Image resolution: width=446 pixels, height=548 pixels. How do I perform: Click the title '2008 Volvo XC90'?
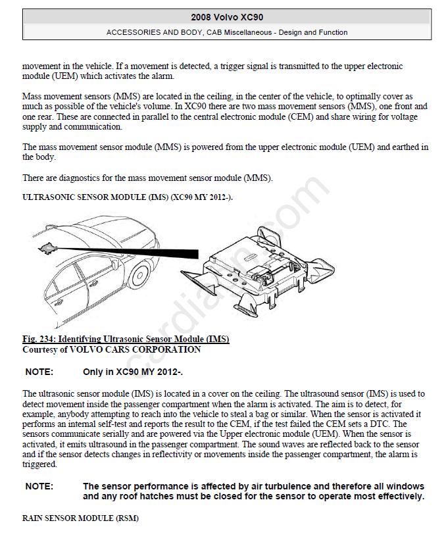click(227, 17)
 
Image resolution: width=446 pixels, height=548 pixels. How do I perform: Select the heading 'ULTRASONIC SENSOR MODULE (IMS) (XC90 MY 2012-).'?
click(128, 197)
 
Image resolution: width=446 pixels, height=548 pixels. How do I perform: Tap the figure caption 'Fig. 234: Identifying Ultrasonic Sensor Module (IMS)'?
click(126, 339)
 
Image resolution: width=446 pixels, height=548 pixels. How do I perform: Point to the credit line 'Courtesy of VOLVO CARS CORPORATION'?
click(112, 350)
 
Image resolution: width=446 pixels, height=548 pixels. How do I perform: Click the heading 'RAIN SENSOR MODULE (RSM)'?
click(80, 518)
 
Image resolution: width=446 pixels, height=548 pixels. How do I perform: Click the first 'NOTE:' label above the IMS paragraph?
click(39, 372)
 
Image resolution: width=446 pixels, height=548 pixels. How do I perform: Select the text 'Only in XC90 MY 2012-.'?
click(133, 372)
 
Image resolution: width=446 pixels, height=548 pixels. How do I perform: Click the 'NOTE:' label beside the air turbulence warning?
click(39, 487)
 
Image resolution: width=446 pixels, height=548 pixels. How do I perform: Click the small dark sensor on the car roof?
click(47, 247)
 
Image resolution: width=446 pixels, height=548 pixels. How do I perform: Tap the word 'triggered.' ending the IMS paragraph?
click(40, 464)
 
